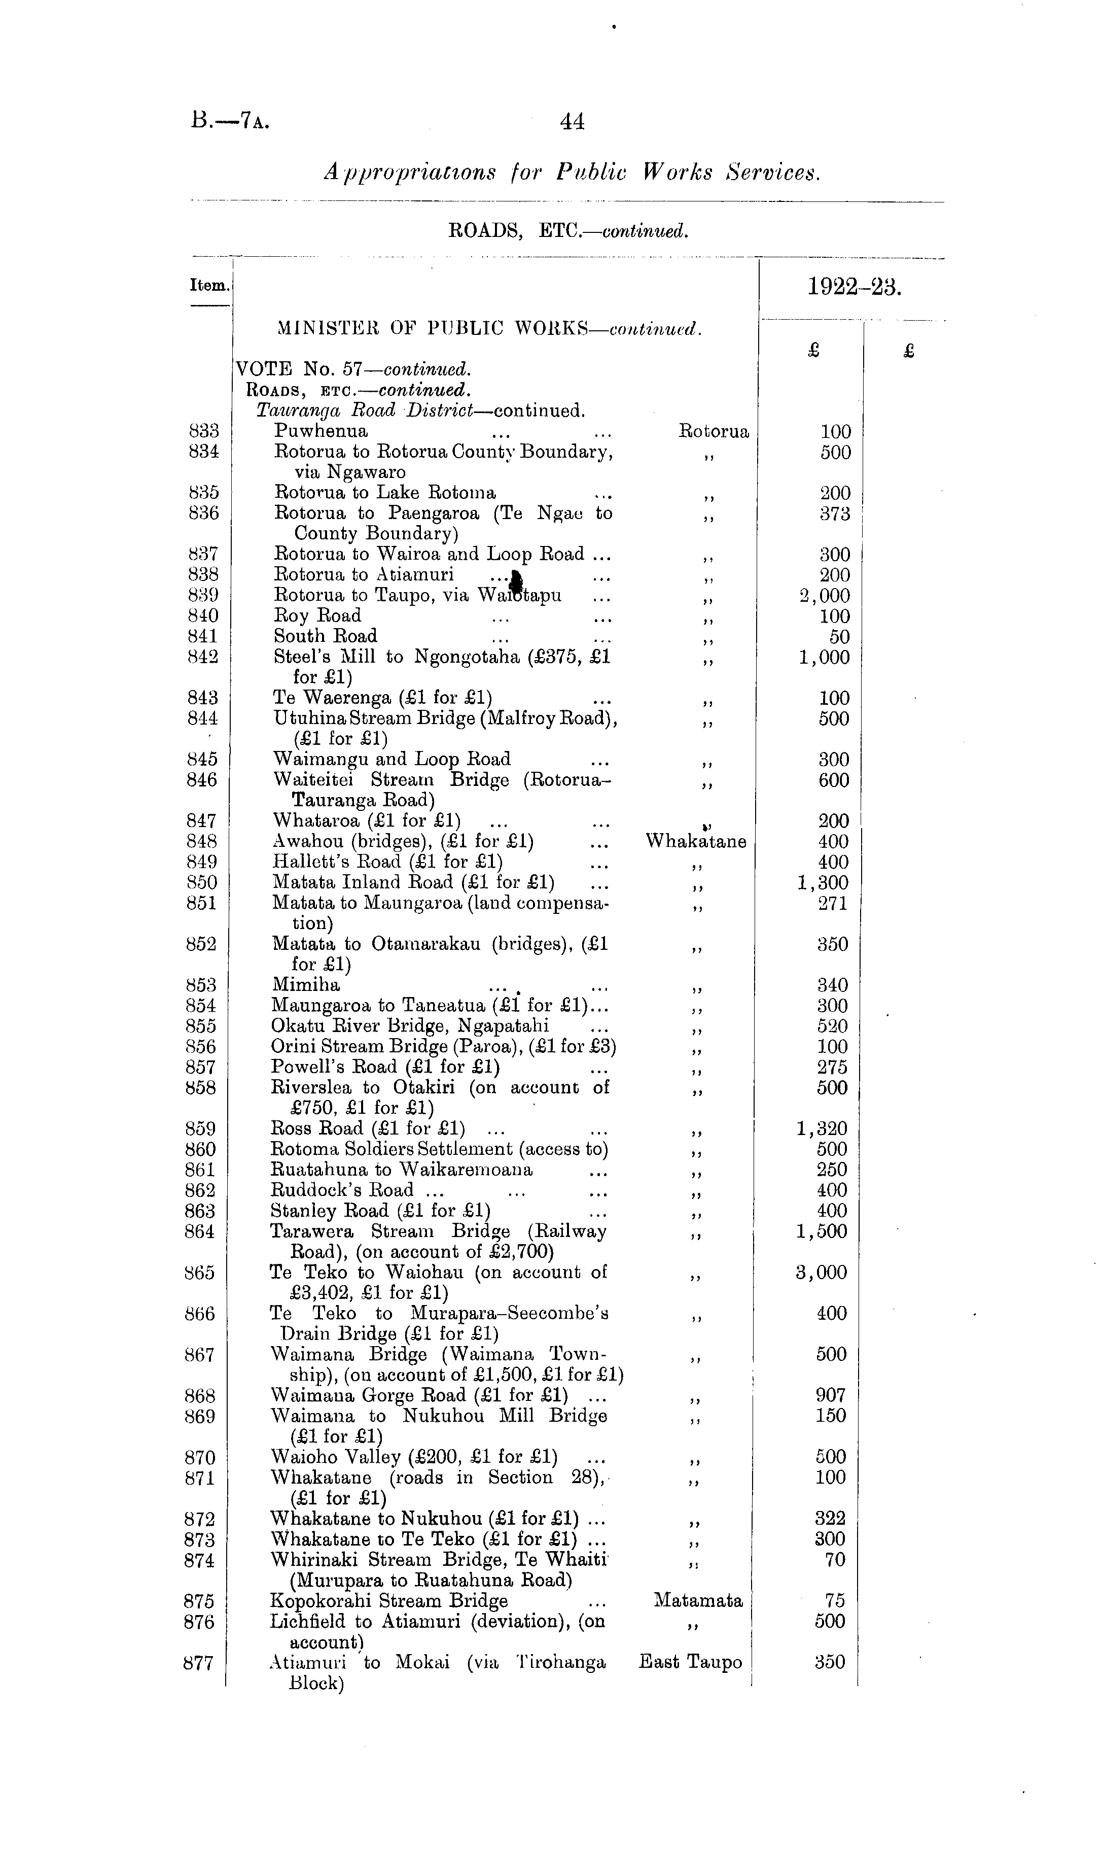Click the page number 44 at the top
click(572, 121)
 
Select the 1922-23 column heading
click(854, 287)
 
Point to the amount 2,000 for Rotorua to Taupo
click(824, 596)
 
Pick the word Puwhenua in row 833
click(321, 431)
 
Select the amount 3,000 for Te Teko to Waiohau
click(822, 1273)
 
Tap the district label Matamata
click(698, 1601)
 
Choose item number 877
click(199, 1663)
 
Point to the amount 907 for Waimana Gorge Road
click(831, 1395)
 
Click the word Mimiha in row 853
click(306, 985)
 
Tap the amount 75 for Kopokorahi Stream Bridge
click(835, 1601)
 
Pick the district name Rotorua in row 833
click(715, 431)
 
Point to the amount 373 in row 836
click(835, 513)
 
